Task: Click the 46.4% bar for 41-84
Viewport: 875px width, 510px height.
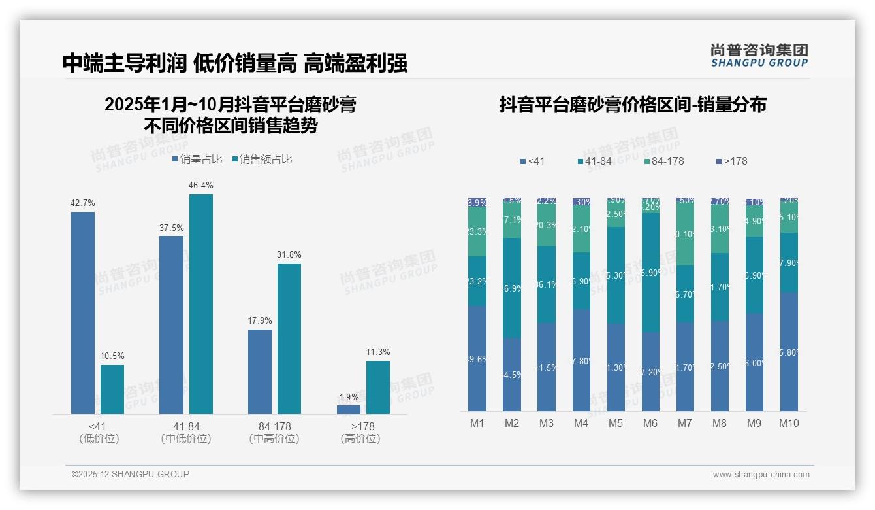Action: (x=201, y=304)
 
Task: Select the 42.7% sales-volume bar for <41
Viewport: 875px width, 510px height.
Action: (x=83, y=313)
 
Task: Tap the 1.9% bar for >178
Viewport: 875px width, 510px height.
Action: (x=349, y=410)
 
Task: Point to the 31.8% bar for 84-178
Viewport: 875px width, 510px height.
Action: (x=289, y=338)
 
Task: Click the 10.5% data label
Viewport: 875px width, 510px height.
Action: (x=112, y=356)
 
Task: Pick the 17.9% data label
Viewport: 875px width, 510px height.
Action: (x=260, y=321)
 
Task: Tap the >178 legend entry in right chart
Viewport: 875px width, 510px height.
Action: (x=731, y=161)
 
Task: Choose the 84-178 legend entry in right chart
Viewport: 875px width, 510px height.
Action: (x=663, y=161)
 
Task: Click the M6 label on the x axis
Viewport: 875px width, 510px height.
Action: (x=650, y=423)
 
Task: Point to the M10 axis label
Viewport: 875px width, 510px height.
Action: (x=789, y=423)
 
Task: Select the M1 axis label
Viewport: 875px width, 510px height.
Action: (x=477, y=423)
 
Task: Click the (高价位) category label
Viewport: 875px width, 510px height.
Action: (x=360, y=439)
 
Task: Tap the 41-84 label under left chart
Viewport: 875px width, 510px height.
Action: (x=186, y=426)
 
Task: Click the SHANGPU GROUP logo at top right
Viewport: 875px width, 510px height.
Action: (x=759, y=55)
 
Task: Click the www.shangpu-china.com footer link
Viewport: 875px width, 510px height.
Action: (x=761, y=475)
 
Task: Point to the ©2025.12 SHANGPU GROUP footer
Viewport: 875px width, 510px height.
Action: (x=131, y=474)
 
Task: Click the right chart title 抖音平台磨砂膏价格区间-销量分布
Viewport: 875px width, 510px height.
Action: (x=633, y=105)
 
